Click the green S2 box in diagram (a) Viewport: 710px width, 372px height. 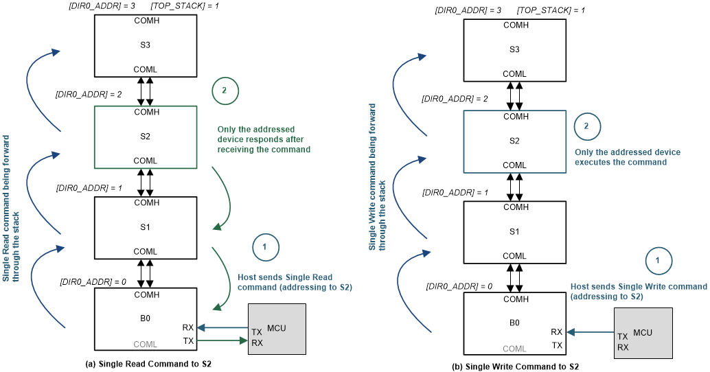146,137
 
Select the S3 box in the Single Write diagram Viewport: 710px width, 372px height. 514,49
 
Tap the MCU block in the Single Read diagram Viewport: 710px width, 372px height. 276,329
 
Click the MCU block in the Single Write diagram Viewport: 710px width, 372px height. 642,333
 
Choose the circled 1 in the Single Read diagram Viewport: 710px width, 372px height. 265,246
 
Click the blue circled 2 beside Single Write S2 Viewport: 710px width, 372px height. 586,127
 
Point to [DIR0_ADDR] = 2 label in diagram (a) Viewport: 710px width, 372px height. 89,94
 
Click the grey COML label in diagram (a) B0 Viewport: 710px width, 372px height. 146,343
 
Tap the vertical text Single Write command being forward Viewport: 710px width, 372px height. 378,176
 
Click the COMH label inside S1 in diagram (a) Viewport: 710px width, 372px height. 146,202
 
